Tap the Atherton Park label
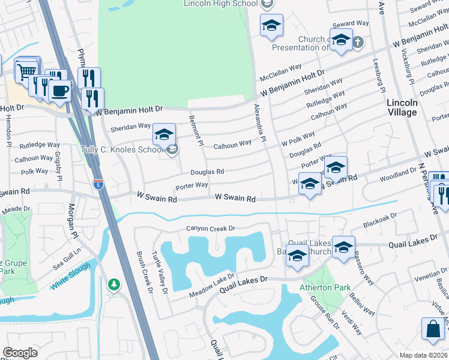click(x=325, y=287)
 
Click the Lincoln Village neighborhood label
click(x=402, y=107)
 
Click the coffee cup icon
click(x=59, y=90)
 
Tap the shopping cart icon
click(x=26, y=71)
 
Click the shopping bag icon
click(x=433, y=330)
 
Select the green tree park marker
click(x=113, y=284)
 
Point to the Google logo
click(x=20, y=352)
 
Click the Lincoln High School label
click(x=221, y=4)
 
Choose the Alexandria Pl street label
click(x=259, y=122)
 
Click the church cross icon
click(x=357, y=42)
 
